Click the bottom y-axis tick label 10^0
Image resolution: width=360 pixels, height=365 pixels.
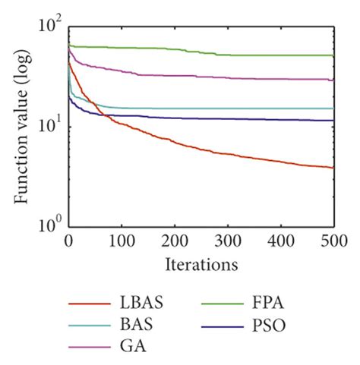coord(49,225)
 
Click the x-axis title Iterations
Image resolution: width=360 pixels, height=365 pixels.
coord(201,265)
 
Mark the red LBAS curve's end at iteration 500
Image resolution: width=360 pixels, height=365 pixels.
coord(333,167)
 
